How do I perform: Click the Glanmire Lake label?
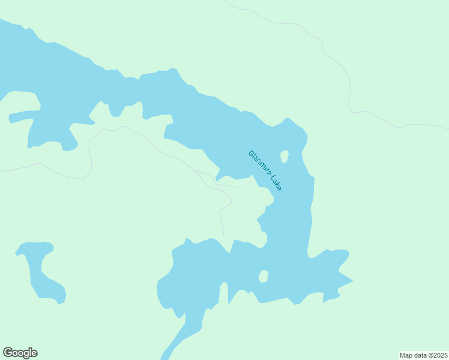[x=265, y=170]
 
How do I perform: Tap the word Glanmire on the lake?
[x=259, y=163]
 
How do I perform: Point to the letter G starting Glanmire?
[x=250, y=153]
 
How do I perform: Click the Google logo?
[x=20, y=353]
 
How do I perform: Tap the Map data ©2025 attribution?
[x=423, y=355]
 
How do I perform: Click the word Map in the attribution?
[x=406, y=355]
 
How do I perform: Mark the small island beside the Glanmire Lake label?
[x=284, y=157]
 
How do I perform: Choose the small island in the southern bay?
[x=263, y=276]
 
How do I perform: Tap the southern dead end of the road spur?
[x=224, y=236]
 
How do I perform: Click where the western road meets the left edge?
[x=1, y=171]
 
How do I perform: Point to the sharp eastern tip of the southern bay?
[x=352, y=281]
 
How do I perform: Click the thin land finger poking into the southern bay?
[x=223, y=294]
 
